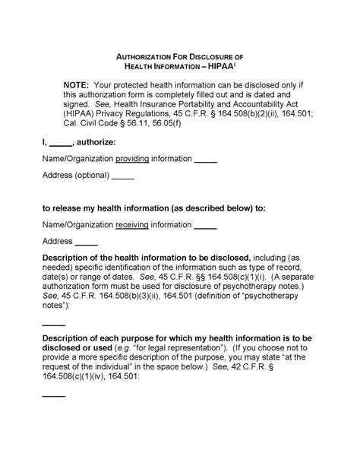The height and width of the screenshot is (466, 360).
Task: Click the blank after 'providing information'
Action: tap(206, 160)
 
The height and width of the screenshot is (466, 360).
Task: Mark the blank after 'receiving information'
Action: tap(205, 225)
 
